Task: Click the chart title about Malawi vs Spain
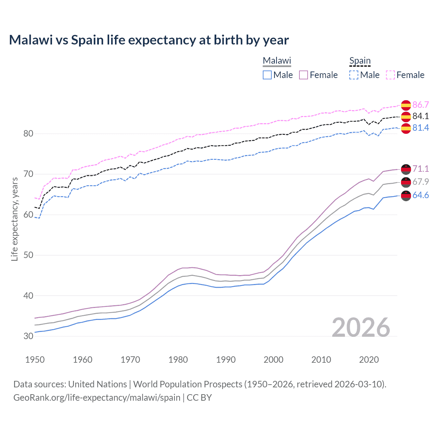(x=149, y=40)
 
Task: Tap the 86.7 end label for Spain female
(x=421, y=105)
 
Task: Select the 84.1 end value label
(x=421, y=116)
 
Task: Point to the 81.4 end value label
(x=421, y=128)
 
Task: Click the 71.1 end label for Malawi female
(x=421, y=169)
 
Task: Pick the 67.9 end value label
(x=421, y=182)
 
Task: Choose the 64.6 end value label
(x=421, y=195)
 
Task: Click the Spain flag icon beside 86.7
(x=406, y=105)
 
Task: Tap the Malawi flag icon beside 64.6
(x=406, y=196)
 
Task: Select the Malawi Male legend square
(x=267, y=75)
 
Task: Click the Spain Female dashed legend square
(x=390, y=75)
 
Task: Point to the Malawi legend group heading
(x=277, y=61)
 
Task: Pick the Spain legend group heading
(x=360, y=61)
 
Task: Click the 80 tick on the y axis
(x=28, y=133)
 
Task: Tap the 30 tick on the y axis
(x=28, y=336)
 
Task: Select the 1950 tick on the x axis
(x=35, y=360)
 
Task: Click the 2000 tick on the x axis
(x=273, y=360)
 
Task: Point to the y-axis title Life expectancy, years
(x=14, y=219)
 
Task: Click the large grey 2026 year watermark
(x=361, y=327)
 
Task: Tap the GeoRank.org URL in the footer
(x=97, y=398)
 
